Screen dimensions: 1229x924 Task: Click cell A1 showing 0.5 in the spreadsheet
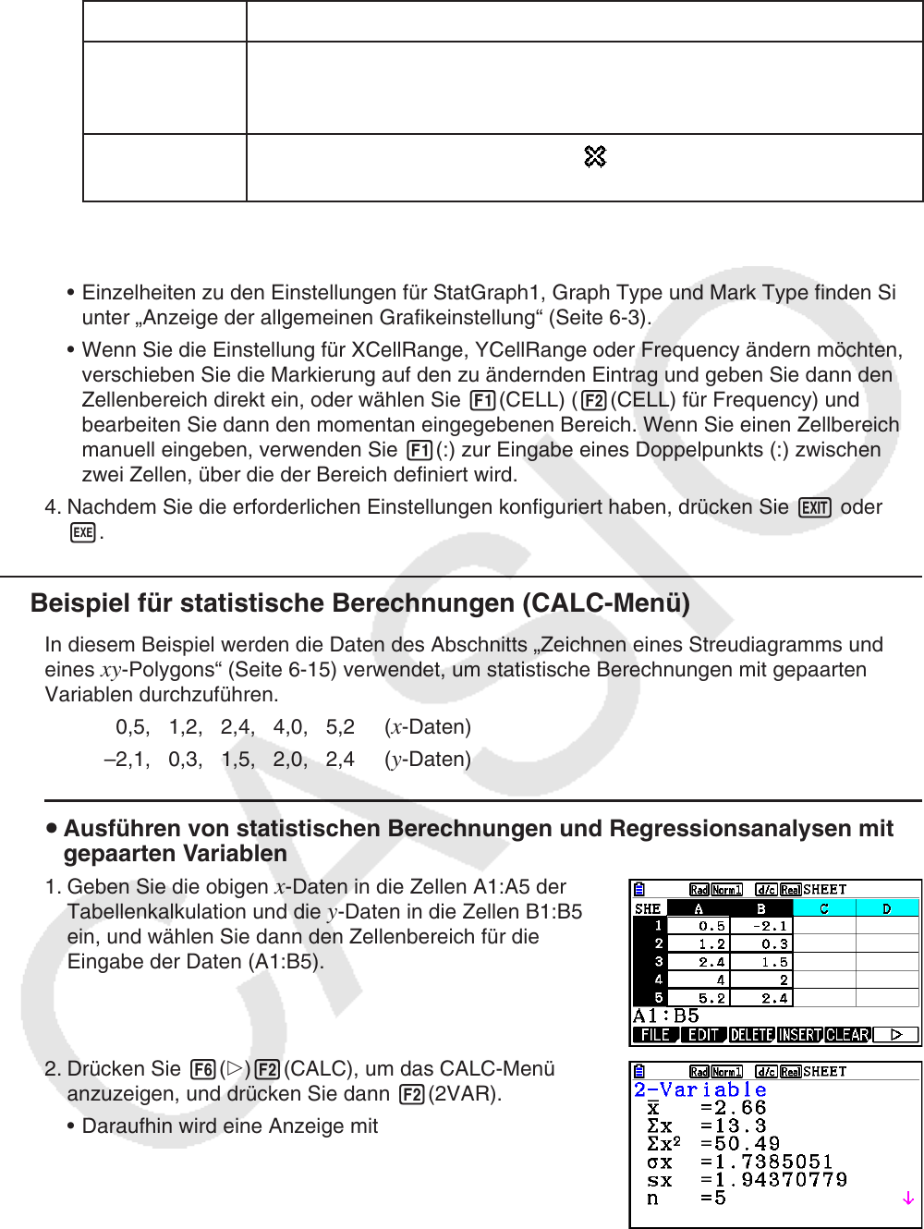[699, 926]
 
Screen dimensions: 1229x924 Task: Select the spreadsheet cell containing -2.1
[760, 926]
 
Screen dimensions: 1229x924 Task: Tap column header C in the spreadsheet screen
[824, 908]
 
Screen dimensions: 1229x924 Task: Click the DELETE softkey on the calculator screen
[751, 1035]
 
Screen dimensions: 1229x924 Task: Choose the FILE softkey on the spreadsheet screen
[655, 1035]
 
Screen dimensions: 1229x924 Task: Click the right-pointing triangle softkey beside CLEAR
[895, 1035]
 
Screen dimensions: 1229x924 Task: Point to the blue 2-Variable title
[700, 1090]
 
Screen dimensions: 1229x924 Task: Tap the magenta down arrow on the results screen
[908, 1199]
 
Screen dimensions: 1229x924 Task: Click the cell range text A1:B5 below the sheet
[665, 1016]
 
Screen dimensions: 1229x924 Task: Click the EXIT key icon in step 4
[815, 508]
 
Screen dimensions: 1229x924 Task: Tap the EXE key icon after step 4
[83, 533]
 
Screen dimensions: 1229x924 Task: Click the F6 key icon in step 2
[202, 1070]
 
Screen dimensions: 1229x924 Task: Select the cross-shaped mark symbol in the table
[595, 157]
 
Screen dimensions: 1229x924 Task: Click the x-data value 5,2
[340, 727]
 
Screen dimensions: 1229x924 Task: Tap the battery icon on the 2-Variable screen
[639, 1072]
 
